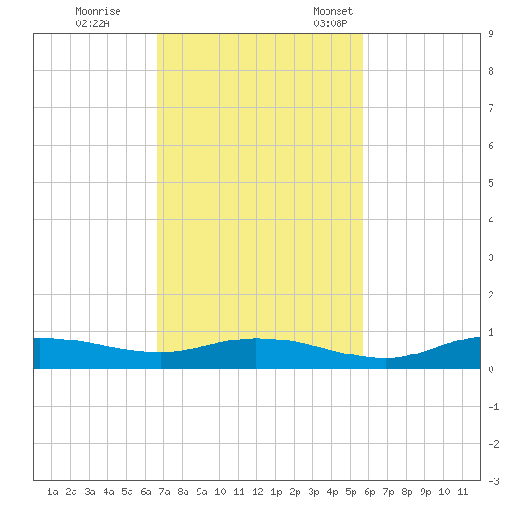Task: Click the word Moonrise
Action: pos(98,11)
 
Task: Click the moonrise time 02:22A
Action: pos(92,23)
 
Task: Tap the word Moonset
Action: pos(333,11)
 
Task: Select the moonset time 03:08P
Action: pos(330,23)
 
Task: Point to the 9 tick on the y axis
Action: pos(491,34)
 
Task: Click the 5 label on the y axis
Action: pos(491,183)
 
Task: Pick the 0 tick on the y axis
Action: pos(491,369)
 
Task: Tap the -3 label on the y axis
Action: pos(493,481)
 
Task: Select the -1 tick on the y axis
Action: pos(493,407)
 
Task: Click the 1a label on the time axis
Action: pos(52,492)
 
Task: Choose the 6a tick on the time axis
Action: pos(146,492)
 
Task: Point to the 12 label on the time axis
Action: pos(257,492)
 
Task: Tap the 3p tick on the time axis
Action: pos(313,492)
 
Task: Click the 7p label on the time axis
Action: pos(388,492)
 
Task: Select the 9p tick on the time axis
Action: pos(425,492)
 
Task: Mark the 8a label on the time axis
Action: pos(183,492)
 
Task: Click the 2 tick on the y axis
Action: pos(491,295)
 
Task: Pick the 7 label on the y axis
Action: pos(491,108)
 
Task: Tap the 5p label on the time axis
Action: pos(351,492)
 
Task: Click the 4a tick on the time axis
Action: pos(108,492)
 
